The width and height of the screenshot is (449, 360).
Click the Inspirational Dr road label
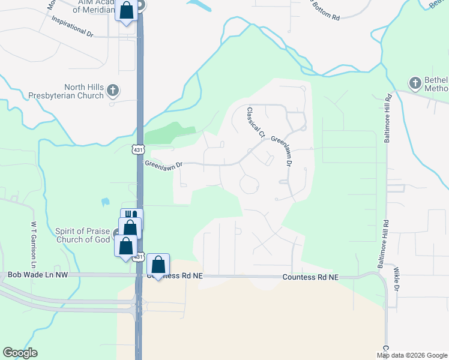click(73, 26)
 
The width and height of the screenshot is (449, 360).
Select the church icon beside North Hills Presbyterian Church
click(113, 91)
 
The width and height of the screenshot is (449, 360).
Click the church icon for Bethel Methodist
click(415, 83)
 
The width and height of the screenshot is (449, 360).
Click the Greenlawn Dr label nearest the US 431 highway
click(163, 163)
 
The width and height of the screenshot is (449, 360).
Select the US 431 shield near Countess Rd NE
click(139, 257)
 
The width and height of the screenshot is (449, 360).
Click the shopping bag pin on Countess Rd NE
click(158, 265)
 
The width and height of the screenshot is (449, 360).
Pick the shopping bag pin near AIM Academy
click(127, 11)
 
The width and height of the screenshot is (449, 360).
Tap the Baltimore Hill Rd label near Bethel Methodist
click(387, 127)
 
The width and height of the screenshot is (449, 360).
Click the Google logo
click(20, 352)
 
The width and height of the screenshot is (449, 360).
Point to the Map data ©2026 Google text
click(412, 355)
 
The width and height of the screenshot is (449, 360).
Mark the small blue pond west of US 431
click(106, 202)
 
